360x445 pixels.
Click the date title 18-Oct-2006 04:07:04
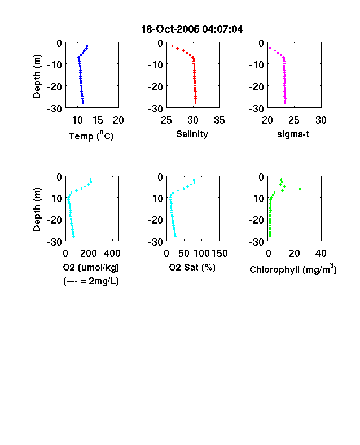point(192,29)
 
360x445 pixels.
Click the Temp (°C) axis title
point(91,136)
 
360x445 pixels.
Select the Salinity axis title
point(192,134)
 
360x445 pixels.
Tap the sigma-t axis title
point(293,134)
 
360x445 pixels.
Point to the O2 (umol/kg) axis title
point(91,267)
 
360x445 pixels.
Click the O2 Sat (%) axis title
point(192,267)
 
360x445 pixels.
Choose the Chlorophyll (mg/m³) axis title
point(293,268)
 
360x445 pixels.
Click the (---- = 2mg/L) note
point(91,281)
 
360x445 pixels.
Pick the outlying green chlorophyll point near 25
point(300,189)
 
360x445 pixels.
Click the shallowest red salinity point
point(172,46)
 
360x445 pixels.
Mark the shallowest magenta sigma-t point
point(270,49)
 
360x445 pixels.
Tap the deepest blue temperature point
point(83,103)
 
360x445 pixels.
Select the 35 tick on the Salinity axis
point(219,120)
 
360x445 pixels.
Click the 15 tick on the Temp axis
point(98,120)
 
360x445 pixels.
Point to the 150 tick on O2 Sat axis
point(219,253)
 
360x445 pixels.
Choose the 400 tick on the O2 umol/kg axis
point(112,253)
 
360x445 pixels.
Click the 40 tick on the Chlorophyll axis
point(321,253)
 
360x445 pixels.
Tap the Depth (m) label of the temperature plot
point(37,76)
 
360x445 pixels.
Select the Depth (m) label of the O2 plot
point(37,210)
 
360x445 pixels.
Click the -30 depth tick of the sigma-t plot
point(257,108)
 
